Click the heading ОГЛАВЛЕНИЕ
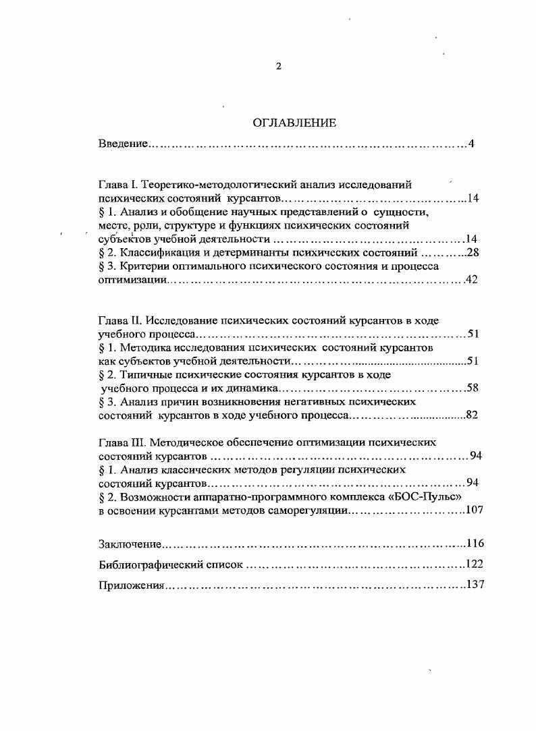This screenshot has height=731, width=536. pyautogui.click(x=294, y=123)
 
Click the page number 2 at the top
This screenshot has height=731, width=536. pyautogui.click(x=278, y=65)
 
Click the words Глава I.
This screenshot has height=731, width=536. pyautogui.click(x=118, y=184)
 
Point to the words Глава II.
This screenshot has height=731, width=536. pyautogui.click(x=120, y=320)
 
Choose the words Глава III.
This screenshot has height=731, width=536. pyautogui.click(x=122, y=442)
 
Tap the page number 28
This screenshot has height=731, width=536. pyautogui.click(x=472, y=252)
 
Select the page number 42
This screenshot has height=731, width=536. pyautogui.click(x=472, y=280)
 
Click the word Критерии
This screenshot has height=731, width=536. pyautogui.click(x=140, y=266)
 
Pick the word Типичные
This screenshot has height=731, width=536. pyautogui.click(x=140, y=374)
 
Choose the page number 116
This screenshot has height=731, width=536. pyautogui.click(x=475, y=544)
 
